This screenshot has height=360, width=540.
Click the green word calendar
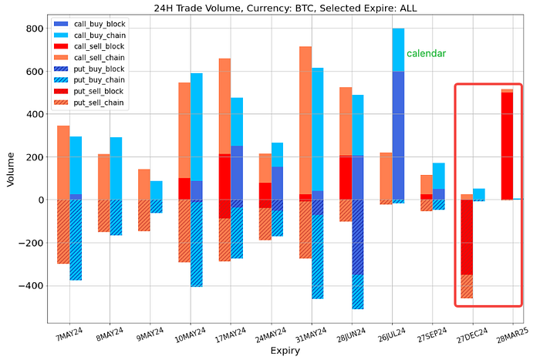(426, 54)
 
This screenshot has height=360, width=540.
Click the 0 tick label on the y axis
(39, 200)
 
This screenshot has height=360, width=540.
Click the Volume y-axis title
(10, 170)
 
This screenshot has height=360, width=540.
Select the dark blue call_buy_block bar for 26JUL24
(398, 135)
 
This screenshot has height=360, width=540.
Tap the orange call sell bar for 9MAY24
(143, 184)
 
